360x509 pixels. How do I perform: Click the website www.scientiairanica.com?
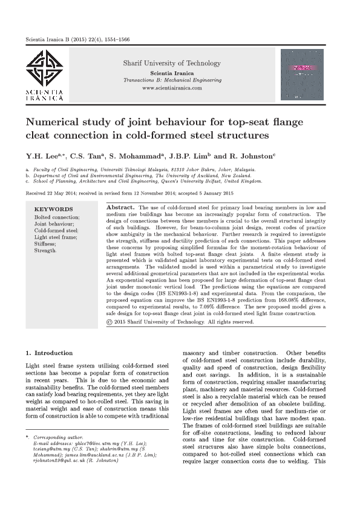tap(172, 88)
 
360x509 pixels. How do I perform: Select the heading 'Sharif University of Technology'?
tap(172, 63)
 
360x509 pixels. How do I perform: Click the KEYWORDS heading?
tap(54, 210)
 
